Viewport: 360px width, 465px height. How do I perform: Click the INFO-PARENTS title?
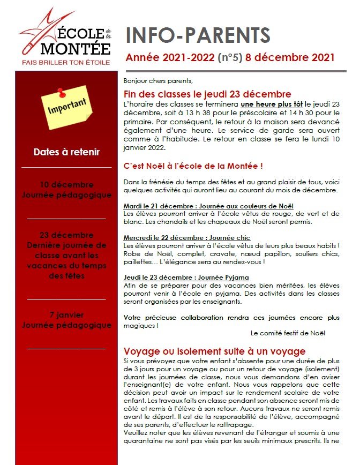coord(198,35)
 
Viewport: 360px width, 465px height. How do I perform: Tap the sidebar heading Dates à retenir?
coord(66,152)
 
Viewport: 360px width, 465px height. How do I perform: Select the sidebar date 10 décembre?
coord(66,185)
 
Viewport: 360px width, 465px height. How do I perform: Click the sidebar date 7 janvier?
coord(66,315)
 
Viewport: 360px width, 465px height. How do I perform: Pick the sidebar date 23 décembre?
coord(66,235)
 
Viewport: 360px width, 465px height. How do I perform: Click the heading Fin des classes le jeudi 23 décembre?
coord(207,94)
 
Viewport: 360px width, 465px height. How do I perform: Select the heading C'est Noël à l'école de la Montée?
coord(193,166)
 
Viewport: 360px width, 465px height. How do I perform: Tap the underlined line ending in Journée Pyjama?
coord(186,277)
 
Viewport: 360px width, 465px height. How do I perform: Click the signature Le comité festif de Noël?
coord(288,333)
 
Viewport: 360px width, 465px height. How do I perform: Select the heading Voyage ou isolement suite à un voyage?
coord(214,351)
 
